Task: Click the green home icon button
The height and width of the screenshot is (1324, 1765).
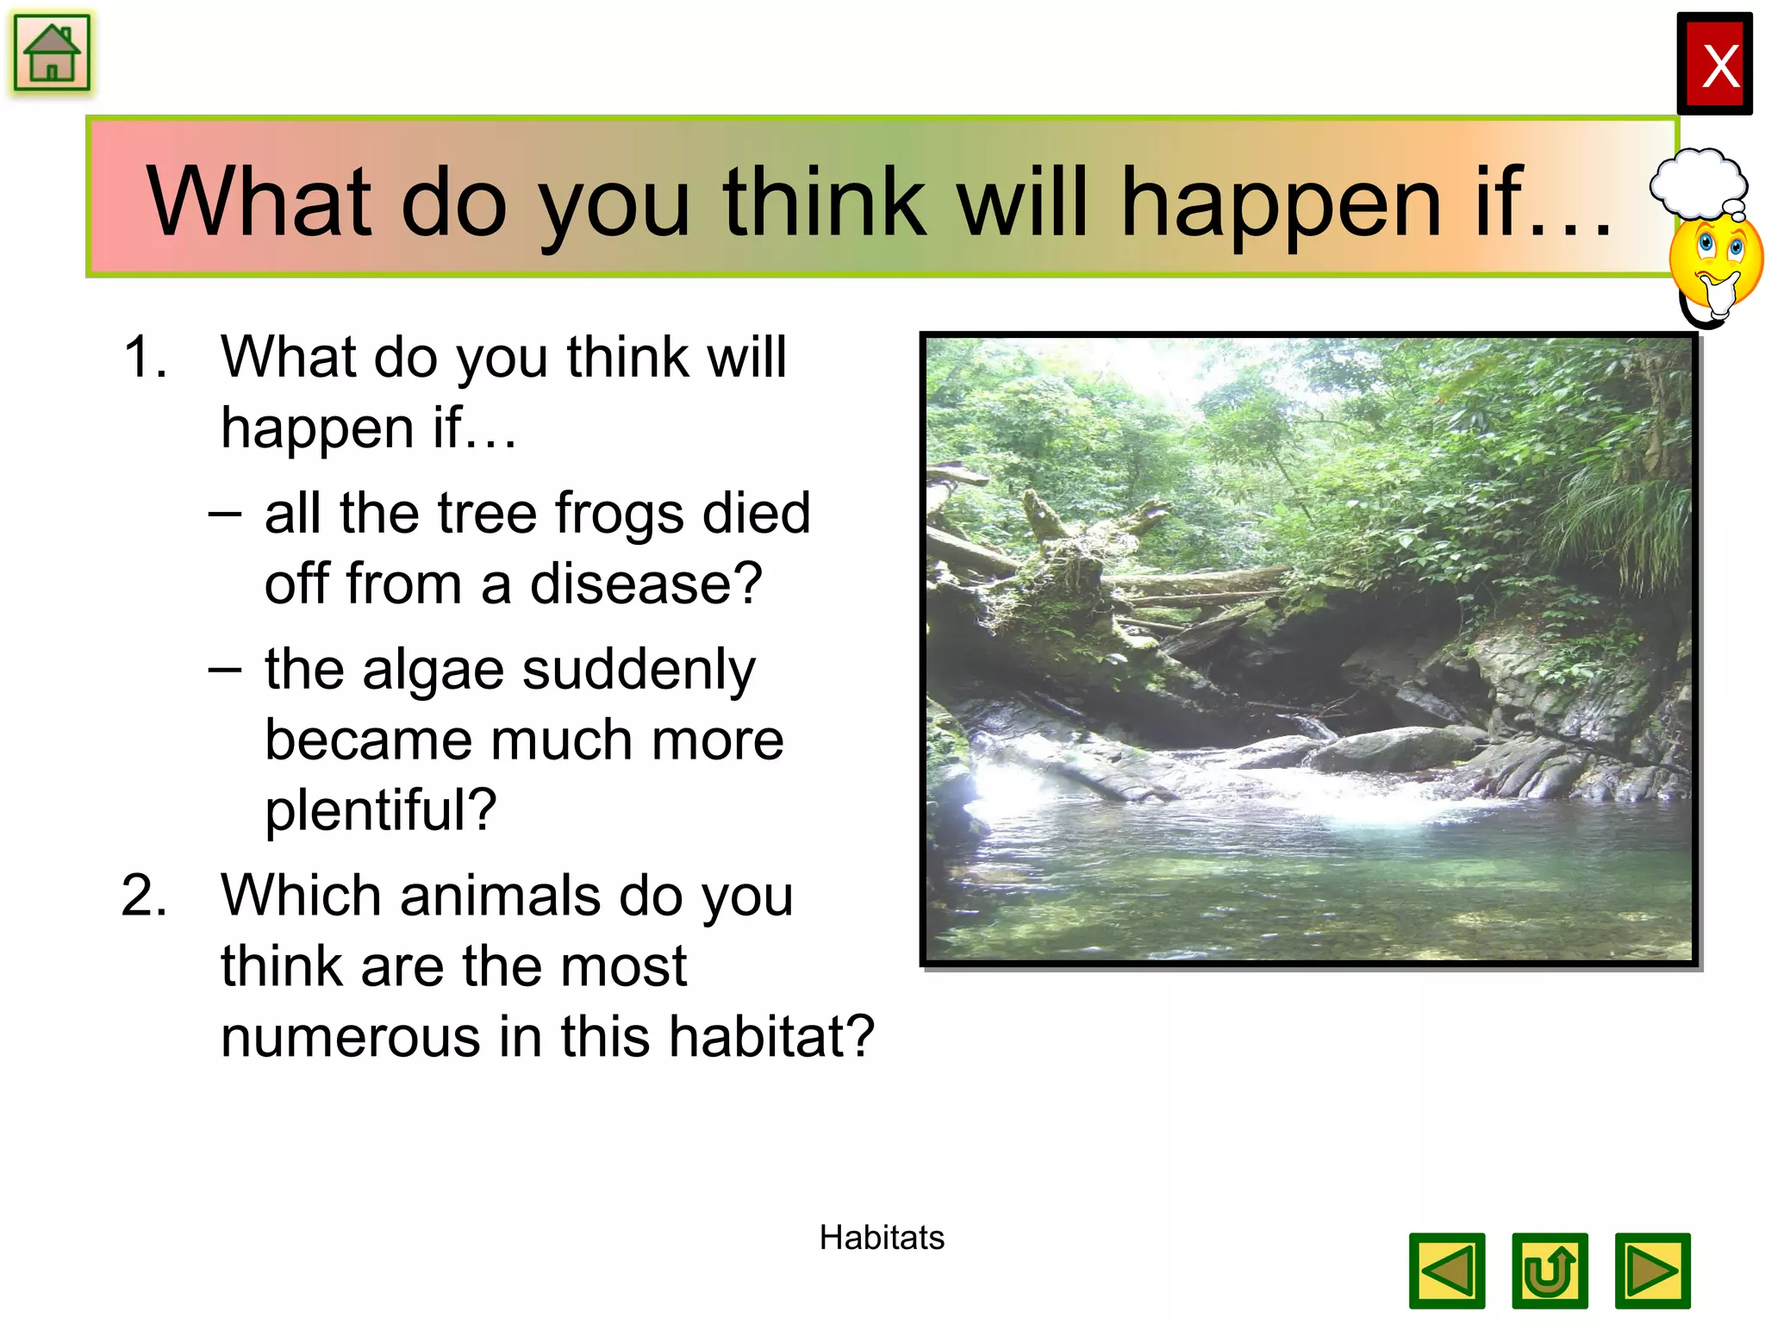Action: (52, 53)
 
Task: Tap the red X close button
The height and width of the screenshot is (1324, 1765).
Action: (1713, 65)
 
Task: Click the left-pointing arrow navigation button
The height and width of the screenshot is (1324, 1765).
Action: (1447, 1271)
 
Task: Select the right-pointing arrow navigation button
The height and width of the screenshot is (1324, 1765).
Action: (1652, 1271)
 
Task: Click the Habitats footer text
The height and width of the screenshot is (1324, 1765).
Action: (881, 1238)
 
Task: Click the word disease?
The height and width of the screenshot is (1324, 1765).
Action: (646, 584)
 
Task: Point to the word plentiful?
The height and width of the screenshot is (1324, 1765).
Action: (380, 810)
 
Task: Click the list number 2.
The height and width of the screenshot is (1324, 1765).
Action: (144, 896)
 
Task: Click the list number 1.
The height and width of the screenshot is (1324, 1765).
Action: (144, 357)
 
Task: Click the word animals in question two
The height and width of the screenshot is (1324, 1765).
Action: (499, 896)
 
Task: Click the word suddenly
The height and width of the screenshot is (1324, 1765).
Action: (639, 671)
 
